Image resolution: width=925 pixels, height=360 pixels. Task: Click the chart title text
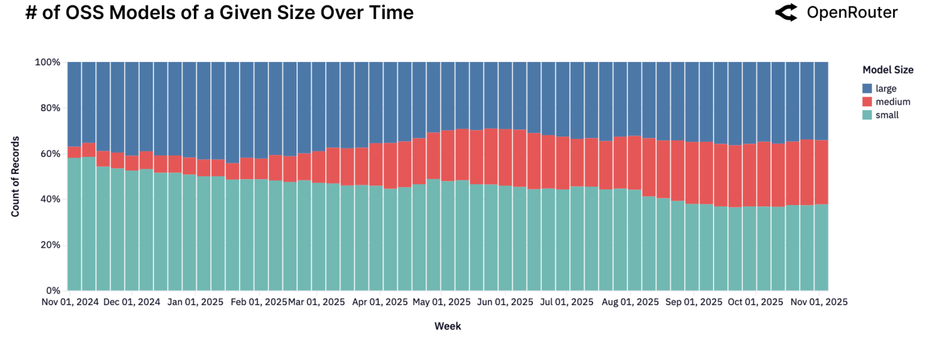[x=219, y=13]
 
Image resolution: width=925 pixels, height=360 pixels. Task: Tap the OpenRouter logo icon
[x=786, y=12]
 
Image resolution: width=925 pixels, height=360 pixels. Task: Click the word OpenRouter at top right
[x=852, y=12]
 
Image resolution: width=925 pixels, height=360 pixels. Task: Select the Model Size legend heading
[x=887, y=70]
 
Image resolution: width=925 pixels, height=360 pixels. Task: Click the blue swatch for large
[x=867, y=88]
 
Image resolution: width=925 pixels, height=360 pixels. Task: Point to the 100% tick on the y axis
[x=47, y=63]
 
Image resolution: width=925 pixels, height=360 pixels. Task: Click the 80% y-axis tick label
[x=50, y=108]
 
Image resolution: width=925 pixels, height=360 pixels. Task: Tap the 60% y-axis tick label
[x=50, y=154]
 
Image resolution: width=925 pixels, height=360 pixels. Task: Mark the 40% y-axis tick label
[x=50, y=199]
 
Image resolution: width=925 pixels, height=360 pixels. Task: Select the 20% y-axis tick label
[x=50, y=245]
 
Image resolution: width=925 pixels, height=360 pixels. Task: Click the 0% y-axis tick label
[x=52, y=290]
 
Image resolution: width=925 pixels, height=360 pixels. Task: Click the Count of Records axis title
[x=15, y=176]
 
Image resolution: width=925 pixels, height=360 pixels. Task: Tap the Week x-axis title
[x=447, y=326]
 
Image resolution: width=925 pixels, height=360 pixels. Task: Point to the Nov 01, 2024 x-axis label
[x=71, y=302]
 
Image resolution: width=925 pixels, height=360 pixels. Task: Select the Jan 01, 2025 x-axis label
[x=195, y=302]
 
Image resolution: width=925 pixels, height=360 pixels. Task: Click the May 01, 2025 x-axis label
[x=442, y=302]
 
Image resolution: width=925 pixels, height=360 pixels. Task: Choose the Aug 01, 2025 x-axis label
[x=630, y=302]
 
